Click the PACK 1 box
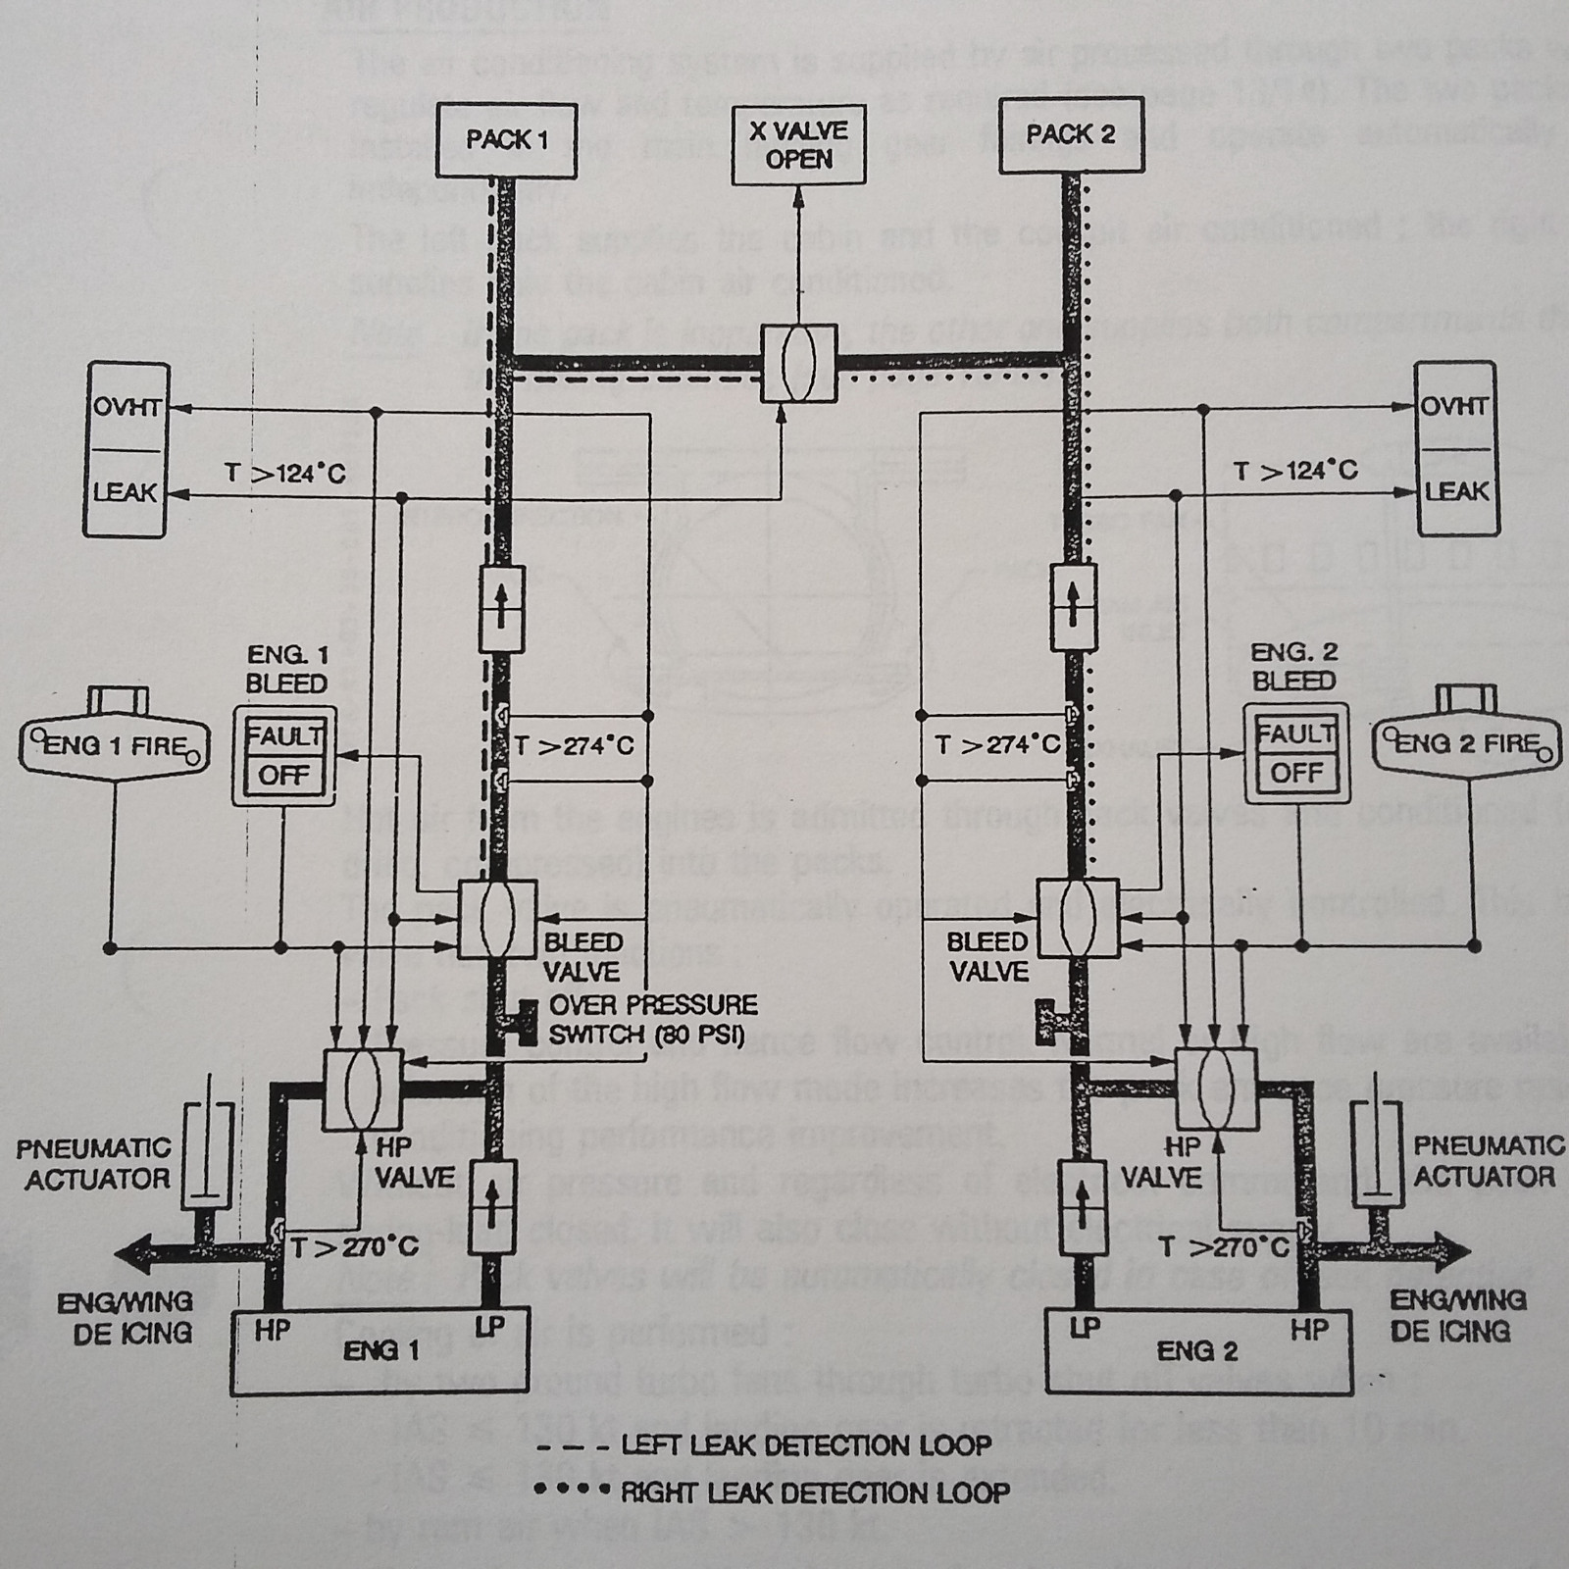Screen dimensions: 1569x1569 click(505, 140)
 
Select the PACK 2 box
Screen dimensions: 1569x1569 click(1070, 136)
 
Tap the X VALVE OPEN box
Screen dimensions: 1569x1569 click(798, 145)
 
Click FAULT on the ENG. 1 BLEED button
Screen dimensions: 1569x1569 click(284, 735)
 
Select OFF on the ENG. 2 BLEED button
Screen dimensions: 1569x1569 click(1296, 773)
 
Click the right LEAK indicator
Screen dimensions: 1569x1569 click(1456, 491)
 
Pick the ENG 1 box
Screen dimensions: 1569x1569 click(380, 1351)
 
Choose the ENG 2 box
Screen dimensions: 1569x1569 click(1196, 1351)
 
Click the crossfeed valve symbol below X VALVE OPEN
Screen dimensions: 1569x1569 click(799, 363)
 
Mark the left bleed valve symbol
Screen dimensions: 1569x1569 click(497, 919)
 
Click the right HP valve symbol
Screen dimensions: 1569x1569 click(1217, 1086)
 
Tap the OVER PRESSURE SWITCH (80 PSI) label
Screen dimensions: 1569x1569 click(652, 1019)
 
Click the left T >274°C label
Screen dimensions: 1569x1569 click(574, 746)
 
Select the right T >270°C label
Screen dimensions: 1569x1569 click(1224, 1247)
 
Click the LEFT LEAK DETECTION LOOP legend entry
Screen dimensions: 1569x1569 click(765, 1445)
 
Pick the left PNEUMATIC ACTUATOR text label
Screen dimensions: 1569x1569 click(93, 1163)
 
